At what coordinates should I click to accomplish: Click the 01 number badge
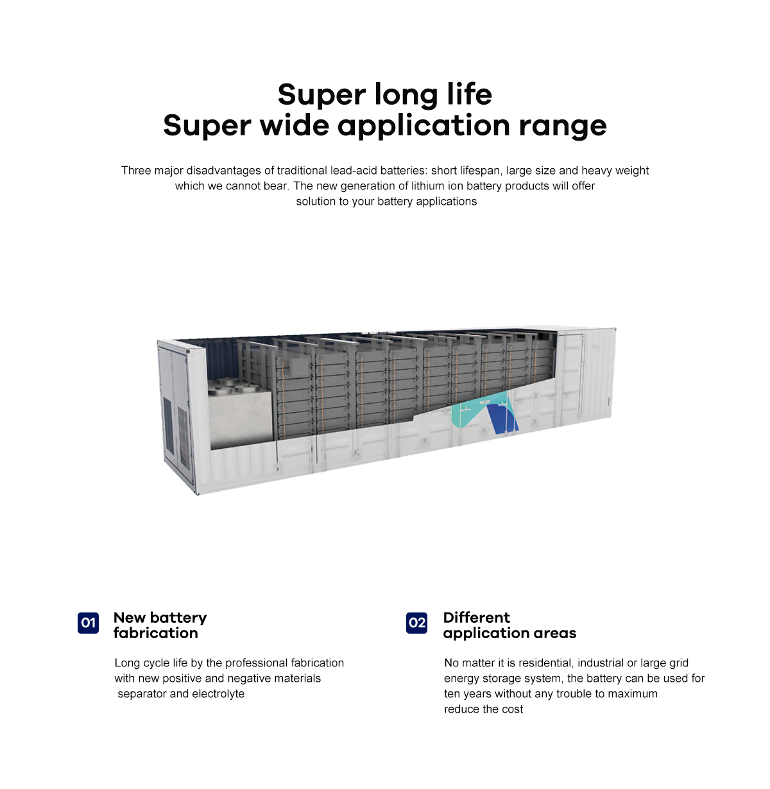(x=88, y=622)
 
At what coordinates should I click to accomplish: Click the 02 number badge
(x=416, y=622)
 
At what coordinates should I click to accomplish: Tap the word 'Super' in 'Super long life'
(x=321, y=95)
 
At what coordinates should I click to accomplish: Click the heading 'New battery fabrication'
(x=160, y=625)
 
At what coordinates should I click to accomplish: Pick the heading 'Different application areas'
(x=509, y=625)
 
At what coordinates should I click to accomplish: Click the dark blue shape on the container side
(x=502, y=419)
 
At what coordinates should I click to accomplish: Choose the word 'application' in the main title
(x=424, y=126)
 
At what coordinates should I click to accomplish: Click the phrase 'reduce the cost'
(x=483, y=709)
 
